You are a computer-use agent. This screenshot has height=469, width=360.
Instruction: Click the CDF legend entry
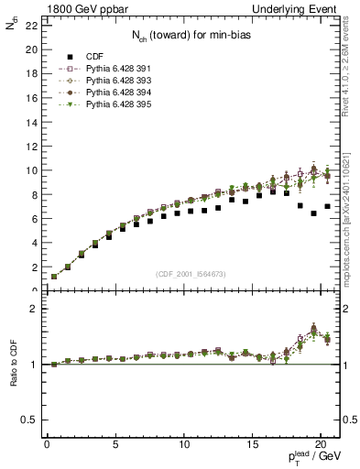83,56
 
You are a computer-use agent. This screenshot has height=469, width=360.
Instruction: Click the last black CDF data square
327,206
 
